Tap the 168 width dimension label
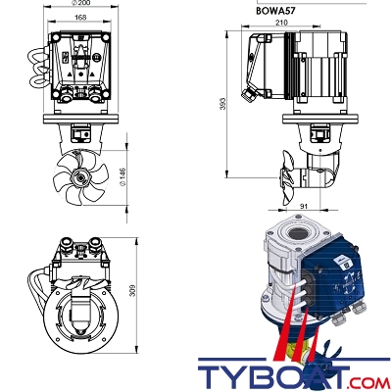point(80,18)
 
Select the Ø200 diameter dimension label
point(80,3)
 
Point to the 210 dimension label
point(281,23)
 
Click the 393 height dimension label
point(222,104)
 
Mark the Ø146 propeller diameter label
point(122,177)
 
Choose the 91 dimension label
point(304,206)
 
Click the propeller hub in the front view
point(80,177)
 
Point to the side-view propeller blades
point(286,177)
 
